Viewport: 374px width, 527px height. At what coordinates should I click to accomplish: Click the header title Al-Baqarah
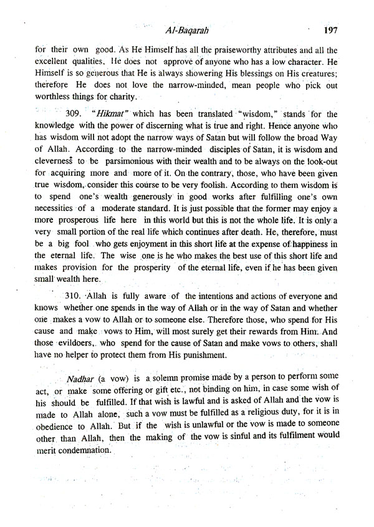(187, 30)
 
